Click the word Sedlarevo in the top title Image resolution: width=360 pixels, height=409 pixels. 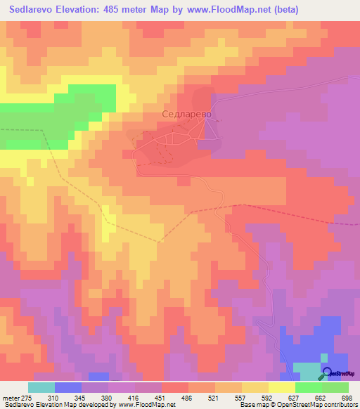point(34,10)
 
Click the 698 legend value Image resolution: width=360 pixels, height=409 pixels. point(345,398)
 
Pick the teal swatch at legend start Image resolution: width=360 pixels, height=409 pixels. point(41,387)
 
